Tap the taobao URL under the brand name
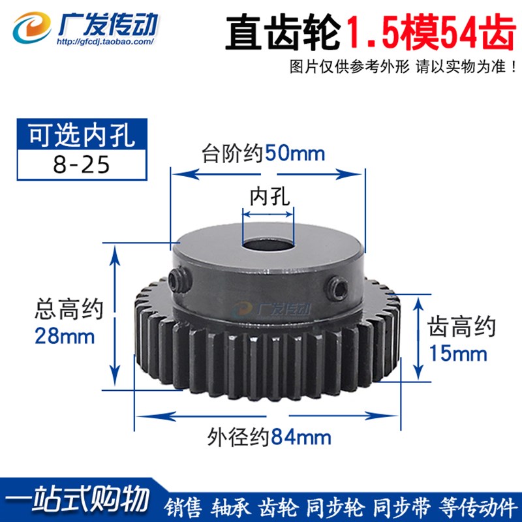point(105,41)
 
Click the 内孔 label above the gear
point(268,194)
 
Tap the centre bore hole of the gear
point(268,249)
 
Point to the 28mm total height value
point(63,337)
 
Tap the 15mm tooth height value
point(457,353)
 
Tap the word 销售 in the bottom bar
point(178,506)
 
